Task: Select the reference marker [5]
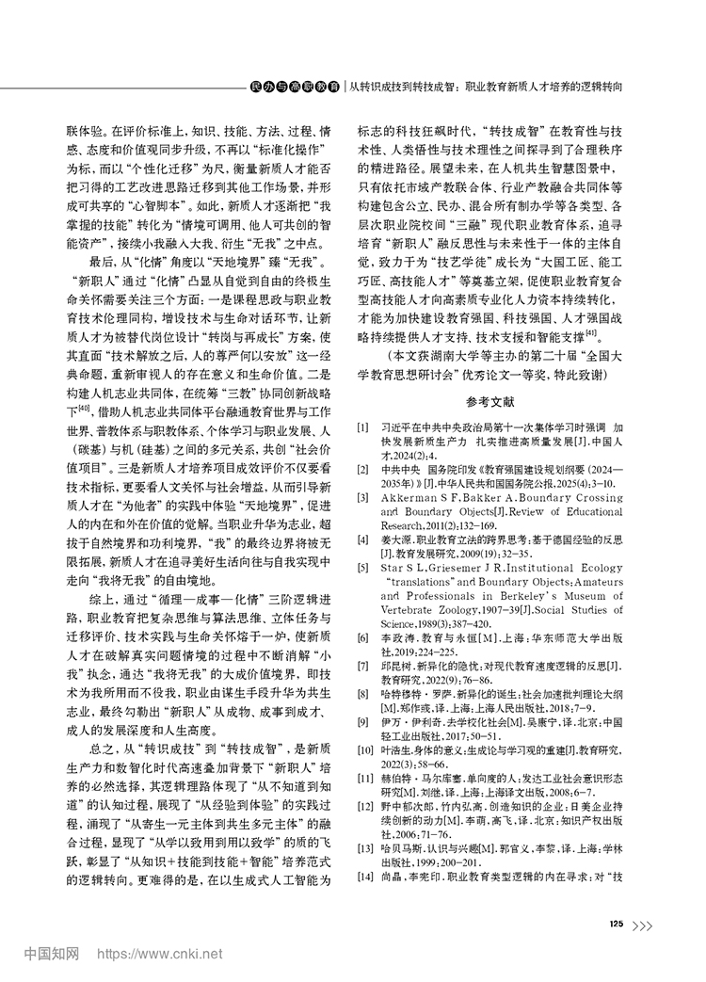click(362, 568)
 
